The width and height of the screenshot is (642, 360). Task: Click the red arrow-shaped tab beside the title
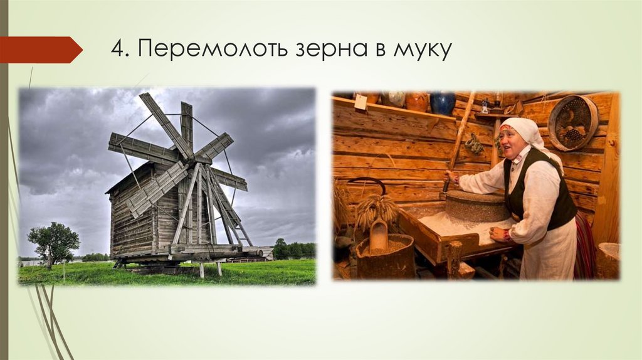coord(40,50)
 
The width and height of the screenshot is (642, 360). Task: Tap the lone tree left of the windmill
coord(54,242)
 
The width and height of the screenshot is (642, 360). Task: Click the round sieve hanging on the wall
coord(573,123)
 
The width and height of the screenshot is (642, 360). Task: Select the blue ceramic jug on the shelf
coord(443,103)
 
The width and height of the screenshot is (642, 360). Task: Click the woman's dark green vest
coord(539,188)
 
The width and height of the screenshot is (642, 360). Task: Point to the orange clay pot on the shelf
coord(416,100)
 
